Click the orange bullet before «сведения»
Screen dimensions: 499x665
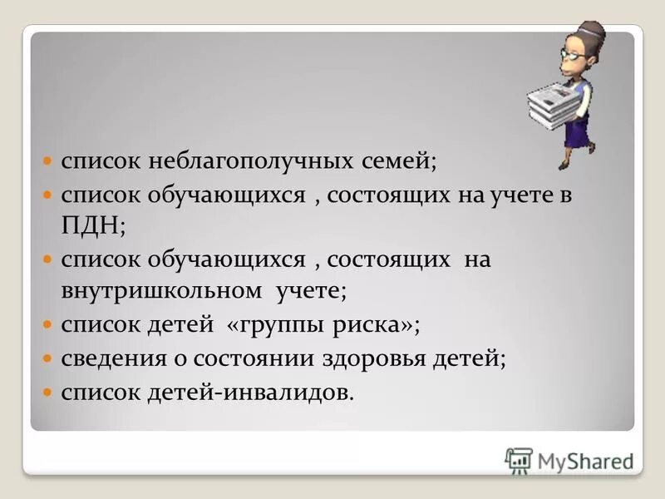(x=48, y=358)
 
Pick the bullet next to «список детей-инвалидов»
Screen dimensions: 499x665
(x=48, y=391)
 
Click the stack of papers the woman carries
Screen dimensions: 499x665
(x=554, y=101)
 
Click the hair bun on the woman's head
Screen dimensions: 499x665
(x=596, y=31)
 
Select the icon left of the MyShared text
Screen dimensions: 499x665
(x=518, y=460)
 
